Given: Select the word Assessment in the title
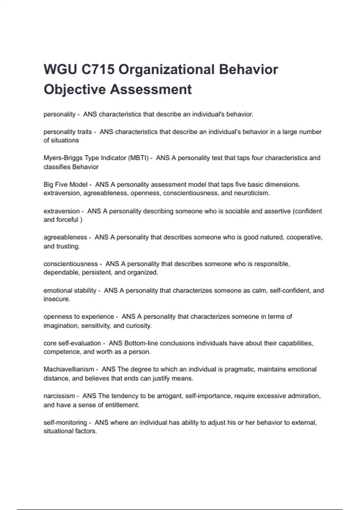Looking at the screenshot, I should [151, 89].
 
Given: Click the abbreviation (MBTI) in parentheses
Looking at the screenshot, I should [138, 158].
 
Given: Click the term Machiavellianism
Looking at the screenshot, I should [69, 369].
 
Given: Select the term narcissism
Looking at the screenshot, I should [59, 396].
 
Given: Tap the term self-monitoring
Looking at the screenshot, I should [65, 422].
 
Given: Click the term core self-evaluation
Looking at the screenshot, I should [72, 343].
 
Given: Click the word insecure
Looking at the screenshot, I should [56, 299].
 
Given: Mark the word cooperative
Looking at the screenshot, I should [304, 237].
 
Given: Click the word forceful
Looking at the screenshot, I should [67, 220].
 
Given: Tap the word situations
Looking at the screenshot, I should [64, 140].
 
